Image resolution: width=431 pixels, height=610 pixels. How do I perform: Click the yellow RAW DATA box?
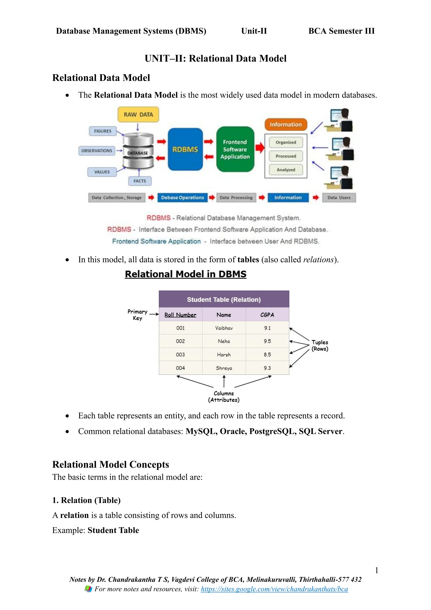138,115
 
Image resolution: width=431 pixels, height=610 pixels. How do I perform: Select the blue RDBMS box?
185,149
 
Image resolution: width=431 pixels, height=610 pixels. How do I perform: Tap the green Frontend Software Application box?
235,149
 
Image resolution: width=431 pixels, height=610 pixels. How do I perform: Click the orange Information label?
286,124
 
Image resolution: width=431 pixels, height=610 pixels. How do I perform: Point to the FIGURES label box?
103,131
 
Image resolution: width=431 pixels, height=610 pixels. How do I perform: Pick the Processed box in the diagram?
286,156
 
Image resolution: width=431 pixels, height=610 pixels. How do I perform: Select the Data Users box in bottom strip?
339,198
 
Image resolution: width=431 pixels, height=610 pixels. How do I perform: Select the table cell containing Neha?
224,341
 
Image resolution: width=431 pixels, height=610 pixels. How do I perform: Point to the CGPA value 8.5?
267,355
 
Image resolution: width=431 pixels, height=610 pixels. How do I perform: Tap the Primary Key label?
137,315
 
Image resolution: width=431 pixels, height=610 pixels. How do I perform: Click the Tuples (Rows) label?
320,345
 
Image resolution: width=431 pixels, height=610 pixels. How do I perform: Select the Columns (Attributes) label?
224,397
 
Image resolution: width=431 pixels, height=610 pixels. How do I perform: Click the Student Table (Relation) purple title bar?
224,300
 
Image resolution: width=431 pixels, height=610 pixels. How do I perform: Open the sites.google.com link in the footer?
274,589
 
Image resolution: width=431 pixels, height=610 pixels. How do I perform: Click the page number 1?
376,570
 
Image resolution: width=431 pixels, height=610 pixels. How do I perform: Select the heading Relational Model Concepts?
110,464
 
